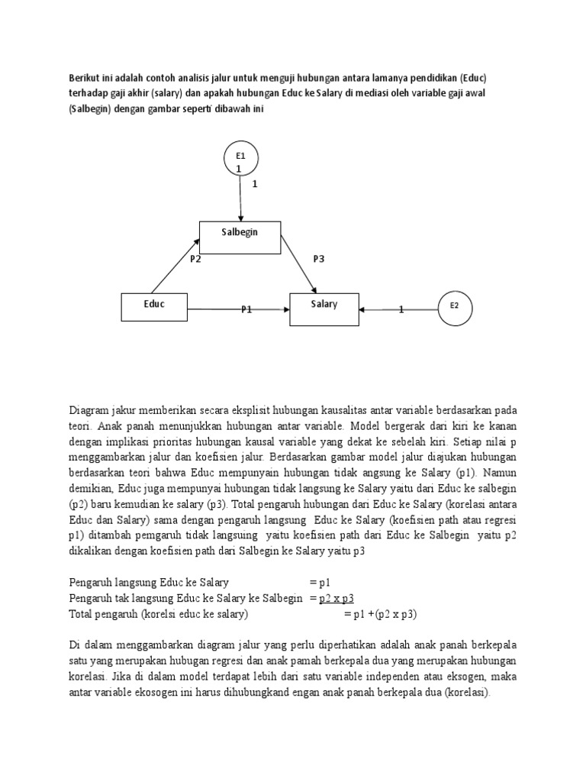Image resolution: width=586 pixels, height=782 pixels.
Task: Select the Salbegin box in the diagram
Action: click(x=240, y=237)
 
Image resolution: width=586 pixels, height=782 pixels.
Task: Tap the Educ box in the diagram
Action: click(x=155, y=308)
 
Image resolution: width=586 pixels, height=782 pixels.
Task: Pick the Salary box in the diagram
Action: click(x=324, y=308)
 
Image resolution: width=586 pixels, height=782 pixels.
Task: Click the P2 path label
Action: click(x=195, y=259)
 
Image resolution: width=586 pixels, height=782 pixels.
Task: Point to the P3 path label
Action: click(x=319, y=259)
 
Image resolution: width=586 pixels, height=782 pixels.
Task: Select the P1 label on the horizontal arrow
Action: click(x=246, y=309)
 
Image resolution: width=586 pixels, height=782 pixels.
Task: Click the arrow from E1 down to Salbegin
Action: click(x=240, y=199)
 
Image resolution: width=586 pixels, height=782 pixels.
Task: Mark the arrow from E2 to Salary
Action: click(x=397, y=309)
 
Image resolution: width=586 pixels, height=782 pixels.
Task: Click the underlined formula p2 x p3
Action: click(x=337, y=598)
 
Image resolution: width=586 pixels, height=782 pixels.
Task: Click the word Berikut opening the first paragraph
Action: click(x=85, y=78)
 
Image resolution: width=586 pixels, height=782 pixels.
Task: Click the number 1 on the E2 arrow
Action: click(x=402, y=309)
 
